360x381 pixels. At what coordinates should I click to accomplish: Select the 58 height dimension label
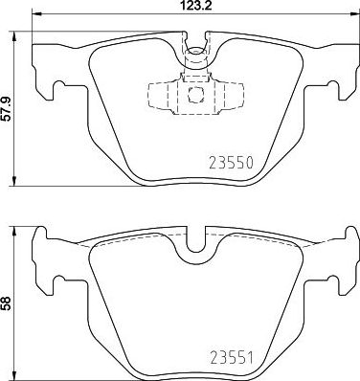[x=7, y=303]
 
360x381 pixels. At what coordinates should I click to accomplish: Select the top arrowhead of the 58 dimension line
[x=16, y=230]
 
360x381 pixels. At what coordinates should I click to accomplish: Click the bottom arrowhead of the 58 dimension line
[x=16, y=375]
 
